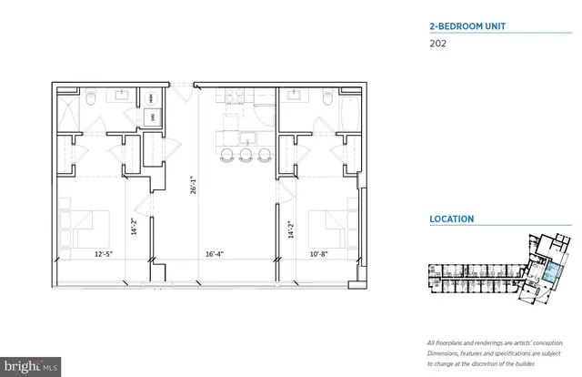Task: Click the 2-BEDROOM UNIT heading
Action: [x=467, y=26]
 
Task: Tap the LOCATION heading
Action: [x=452, y=219]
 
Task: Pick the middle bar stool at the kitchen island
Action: [x=243, y=156]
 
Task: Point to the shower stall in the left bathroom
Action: [x=67, y=113]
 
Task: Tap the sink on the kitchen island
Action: [x=245, y=138]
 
